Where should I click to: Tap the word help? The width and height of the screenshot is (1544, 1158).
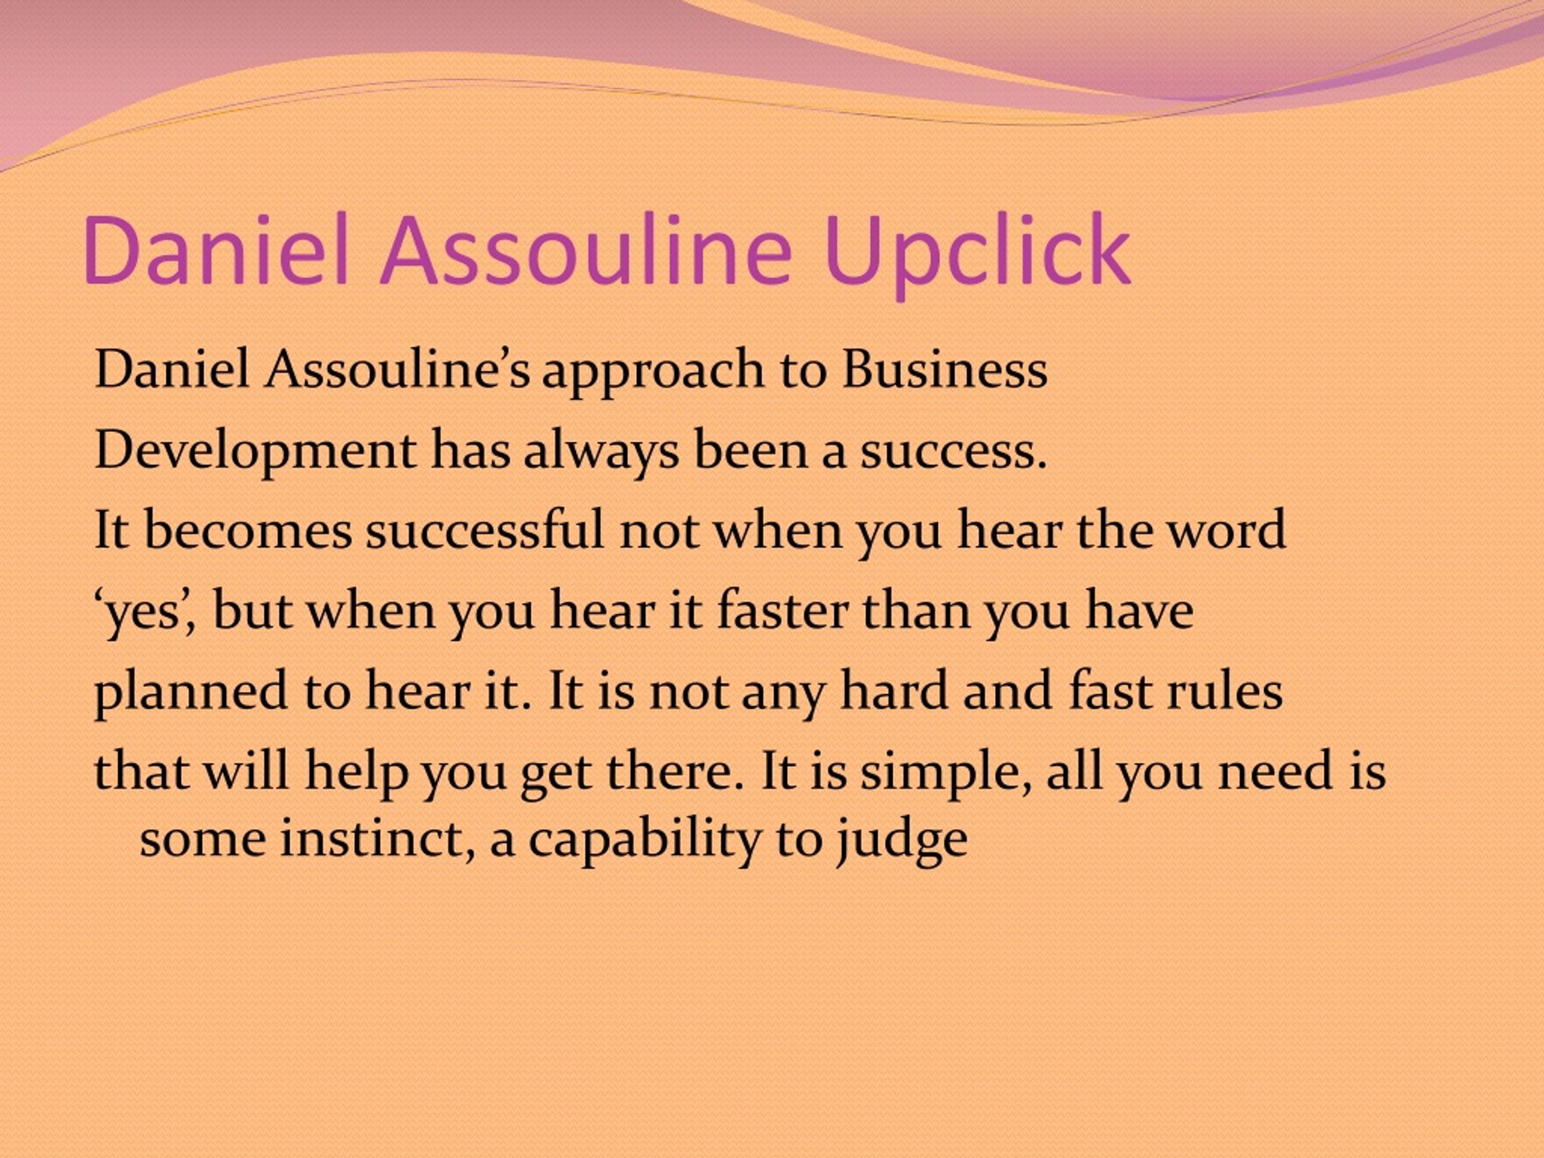[356, 773]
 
